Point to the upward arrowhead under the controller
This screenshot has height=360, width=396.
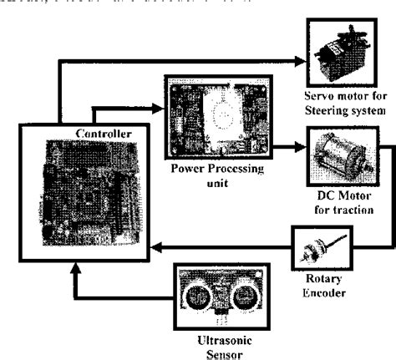tap(76, 268)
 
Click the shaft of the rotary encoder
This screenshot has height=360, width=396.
tap(338, 241)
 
